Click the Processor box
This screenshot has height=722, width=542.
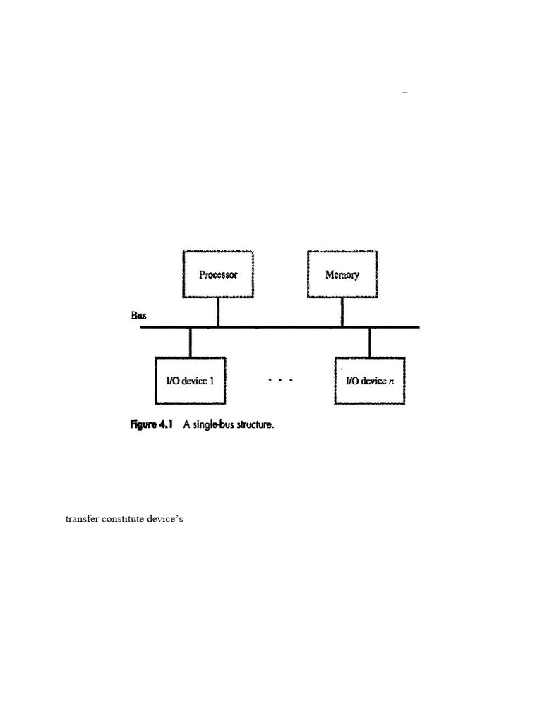218,274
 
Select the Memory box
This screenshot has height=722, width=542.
342,274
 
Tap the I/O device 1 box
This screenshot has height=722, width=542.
191,381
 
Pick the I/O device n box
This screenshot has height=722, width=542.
370,381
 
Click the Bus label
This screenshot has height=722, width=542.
138,315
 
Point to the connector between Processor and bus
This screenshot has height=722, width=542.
218,312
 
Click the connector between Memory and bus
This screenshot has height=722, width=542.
342,312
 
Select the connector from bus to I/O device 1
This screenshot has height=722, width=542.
191,342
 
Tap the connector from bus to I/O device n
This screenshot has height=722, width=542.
370,342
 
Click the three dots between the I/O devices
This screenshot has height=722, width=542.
280,381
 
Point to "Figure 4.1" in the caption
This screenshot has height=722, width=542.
152,425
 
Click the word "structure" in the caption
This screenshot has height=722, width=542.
251,425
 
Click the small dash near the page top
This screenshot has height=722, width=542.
405,92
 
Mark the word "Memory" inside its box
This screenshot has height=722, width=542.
342,274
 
